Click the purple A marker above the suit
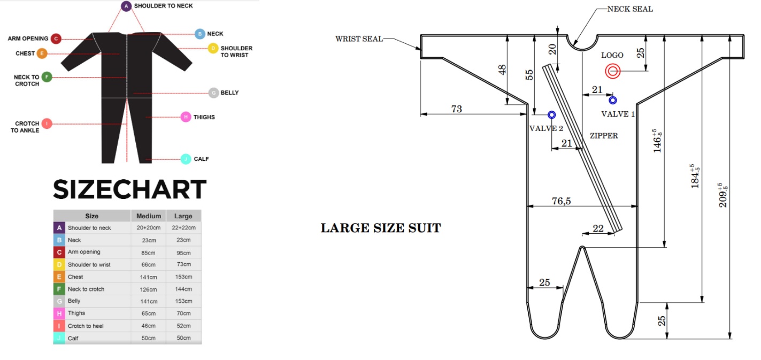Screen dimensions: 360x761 (126, 6)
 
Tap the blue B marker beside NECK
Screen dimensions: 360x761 (199, 34)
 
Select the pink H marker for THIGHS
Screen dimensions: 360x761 (186, 117)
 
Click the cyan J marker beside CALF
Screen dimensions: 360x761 (186, 159)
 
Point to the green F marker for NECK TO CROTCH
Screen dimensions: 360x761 (47, 77)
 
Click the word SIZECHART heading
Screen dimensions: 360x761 (129, 189)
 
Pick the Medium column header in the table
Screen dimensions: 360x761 (149, 216)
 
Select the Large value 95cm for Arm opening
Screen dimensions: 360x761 (183, 252)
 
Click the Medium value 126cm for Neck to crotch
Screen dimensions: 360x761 (149, 289)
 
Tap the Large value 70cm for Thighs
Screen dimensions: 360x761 (183, 313)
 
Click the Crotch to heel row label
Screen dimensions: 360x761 (86, 326)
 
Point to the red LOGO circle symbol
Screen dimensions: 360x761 (612, 71)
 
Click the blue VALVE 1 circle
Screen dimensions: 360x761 (613, 100)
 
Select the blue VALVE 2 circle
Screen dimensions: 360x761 (551, 114)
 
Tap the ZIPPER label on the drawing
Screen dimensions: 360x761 (604, 136)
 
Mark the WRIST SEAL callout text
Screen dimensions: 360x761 (359, 39)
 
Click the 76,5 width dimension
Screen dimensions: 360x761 (562, 201)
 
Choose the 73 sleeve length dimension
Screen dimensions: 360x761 (456, 109)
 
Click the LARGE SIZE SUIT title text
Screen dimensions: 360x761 (380, 228)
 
